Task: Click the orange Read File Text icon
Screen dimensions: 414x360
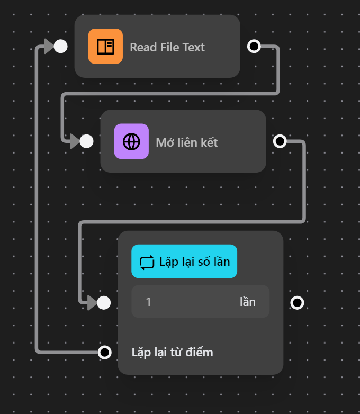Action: tap(105, 47)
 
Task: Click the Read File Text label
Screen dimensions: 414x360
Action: tap(167, 47)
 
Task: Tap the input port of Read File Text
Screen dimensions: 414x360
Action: tap(61, 47)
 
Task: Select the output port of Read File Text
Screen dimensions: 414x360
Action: tap(254, 47)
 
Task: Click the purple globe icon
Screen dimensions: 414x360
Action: tap(131, 141)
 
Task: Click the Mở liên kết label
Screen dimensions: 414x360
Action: tap(186, 142)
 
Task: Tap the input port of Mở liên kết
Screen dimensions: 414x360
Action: tap(86, 141)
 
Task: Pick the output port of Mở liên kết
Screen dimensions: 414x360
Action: tap(280, 141)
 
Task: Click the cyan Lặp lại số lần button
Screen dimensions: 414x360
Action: tap(184, 262)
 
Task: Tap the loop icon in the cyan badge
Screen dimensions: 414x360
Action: tap(146, 262)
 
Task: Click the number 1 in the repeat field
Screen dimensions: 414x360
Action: tap(149, 302)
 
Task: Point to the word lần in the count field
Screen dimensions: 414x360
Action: tap(248, 302)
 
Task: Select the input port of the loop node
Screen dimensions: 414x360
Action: tap(104, 303)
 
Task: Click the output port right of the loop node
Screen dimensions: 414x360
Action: tap(298, 303)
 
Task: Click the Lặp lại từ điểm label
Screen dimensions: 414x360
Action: tap(172, 352)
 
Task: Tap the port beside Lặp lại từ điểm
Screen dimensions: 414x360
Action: tap(105, 352)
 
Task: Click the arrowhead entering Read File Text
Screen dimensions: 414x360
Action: tap(48, 47)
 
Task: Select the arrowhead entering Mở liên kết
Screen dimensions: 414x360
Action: tap(74, 141)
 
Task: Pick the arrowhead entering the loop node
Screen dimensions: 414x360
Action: tap(92, 303)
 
